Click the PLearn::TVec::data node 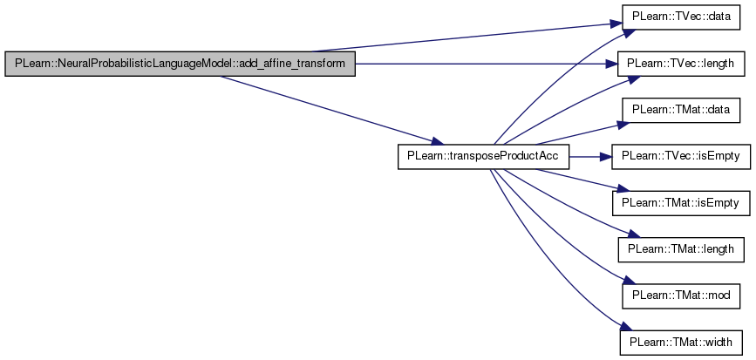[x=681, y=17]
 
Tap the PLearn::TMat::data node [x=681, y=110]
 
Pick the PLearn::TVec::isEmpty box [x=681, y=156]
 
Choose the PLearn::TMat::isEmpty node [x=681, y=203]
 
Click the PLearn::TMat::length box [x=681, y=249]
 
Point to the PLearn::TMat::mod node [x=681, y=295]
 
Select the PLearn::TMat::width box [x=681, y=343]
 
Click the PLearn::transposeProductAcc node [x=483, y=156]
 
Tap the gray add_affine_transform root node [x=180, y=63]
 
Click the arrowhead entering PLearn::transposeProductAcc [x=437, y=142]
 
